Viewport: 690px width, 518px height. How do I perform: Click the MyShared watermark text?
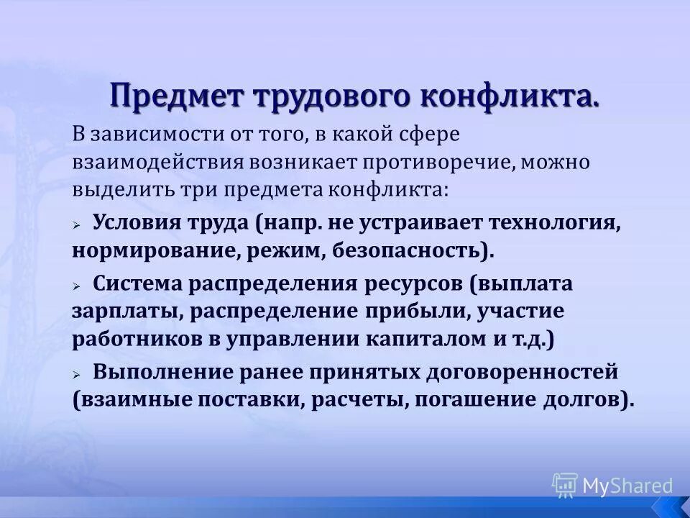tap(627, 486)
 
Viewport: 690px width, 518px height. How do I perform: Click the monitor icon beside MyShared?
tap(564, 486)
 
